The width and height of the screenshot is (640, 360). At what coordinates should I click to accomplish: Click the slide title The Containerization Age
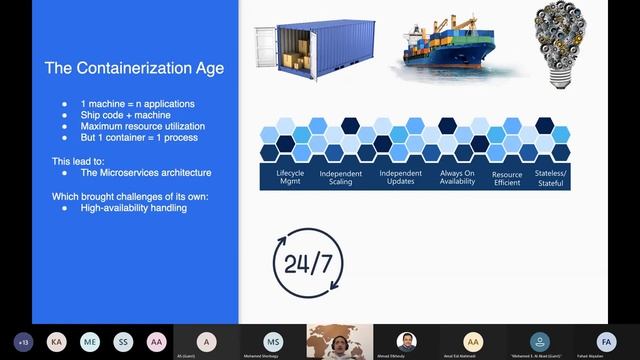click(x=134, y=69)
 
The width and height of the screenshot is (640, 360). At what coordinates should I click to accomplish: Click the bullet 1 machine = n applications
click(x=137, y=104)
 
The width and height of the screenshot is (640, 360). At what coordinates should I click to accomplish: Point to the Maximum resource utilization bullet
click(x=142, y=126)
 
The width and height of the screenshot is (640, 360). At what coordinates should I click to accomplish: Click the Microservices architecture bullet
click(x=146, y=172)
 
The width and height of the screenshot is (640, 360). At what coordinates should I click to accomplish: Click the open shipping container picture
click(x=299, y=55)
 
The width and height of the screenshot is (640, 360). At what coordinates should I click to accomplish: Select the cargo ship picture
click(x=439, y=50)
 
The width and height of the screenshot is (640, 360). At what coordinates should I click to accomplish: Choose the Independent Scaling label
click(x=341, y=178)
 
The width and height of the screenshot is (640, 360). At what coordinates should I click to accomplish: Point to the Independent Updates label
click(x=400, y=178)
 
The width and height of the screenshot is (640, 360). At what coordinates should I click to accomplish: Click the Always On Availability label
click(x=456, y=178)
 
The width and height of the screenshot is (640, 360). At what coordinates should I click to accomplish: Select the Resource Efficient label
click(x=507, y=178)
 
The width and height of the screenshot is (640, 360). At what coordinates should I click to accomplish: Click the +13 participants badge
click(x=24, y=341)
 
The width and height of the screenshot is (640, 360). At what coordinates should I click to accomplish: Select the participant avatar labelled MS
click(x=272, y=341)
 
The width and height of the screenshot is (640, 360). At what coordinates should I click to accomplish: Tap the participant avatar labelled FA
click(x=604, y=340)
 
